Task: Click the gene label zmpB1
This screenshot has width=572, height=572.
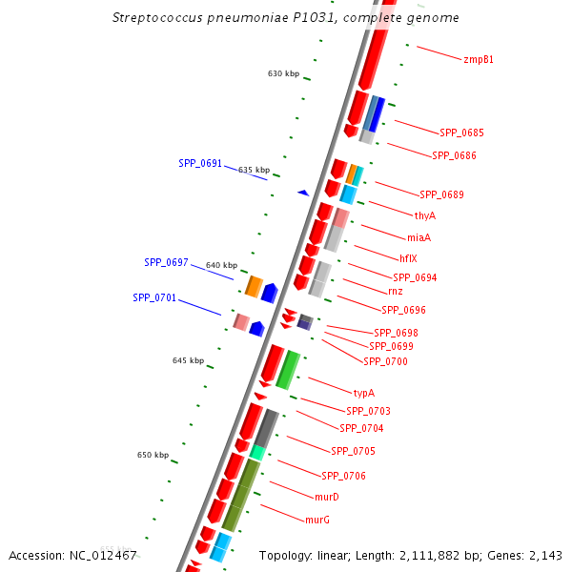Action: [x=478, y=59]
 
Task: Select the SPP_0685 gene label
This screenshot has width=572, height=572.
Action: [x=461, y=133]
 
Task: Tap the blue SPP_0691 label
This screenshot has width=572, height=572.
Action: [x=200, y=163]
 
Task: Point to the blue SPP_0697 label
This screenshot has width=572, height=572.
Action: [x=166, y=262]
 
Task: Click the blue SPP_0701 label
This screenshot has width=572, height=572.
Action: [x=154, y=297]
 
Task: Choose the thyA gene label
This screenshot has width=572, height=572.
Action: [x=425, y=215]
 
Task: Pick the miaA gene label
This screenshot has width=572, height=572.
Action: [x=419, y=237]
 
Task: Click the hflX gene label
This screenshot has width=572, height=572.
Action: [x=408, y=258]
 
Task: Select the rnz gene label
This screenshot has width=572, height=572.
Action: [x=395, y=291]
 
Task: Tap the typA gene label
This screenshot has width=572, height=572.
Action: [x=363, y=393]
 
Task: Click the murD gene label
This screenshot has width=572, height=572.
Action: [x=327, y=497]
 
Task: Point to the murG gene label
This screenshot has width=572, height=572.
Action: [x=317, y=520]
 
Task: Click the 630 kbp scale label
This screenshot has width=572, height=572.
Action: [x=283, y=73]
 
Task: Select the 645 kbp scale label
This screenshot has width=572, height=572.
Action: [x=188, y=360]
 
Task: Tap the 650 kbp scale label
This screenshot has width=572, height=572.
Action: [x=153, y=455]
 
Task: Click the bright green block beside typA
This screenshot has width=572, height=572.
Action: [x=288, y=369]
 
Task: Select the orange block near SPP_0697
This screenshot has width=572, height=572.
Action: [x=254, y=286]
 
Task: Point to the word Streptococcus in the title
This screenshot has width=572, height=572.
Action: [x=153, y=17]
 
